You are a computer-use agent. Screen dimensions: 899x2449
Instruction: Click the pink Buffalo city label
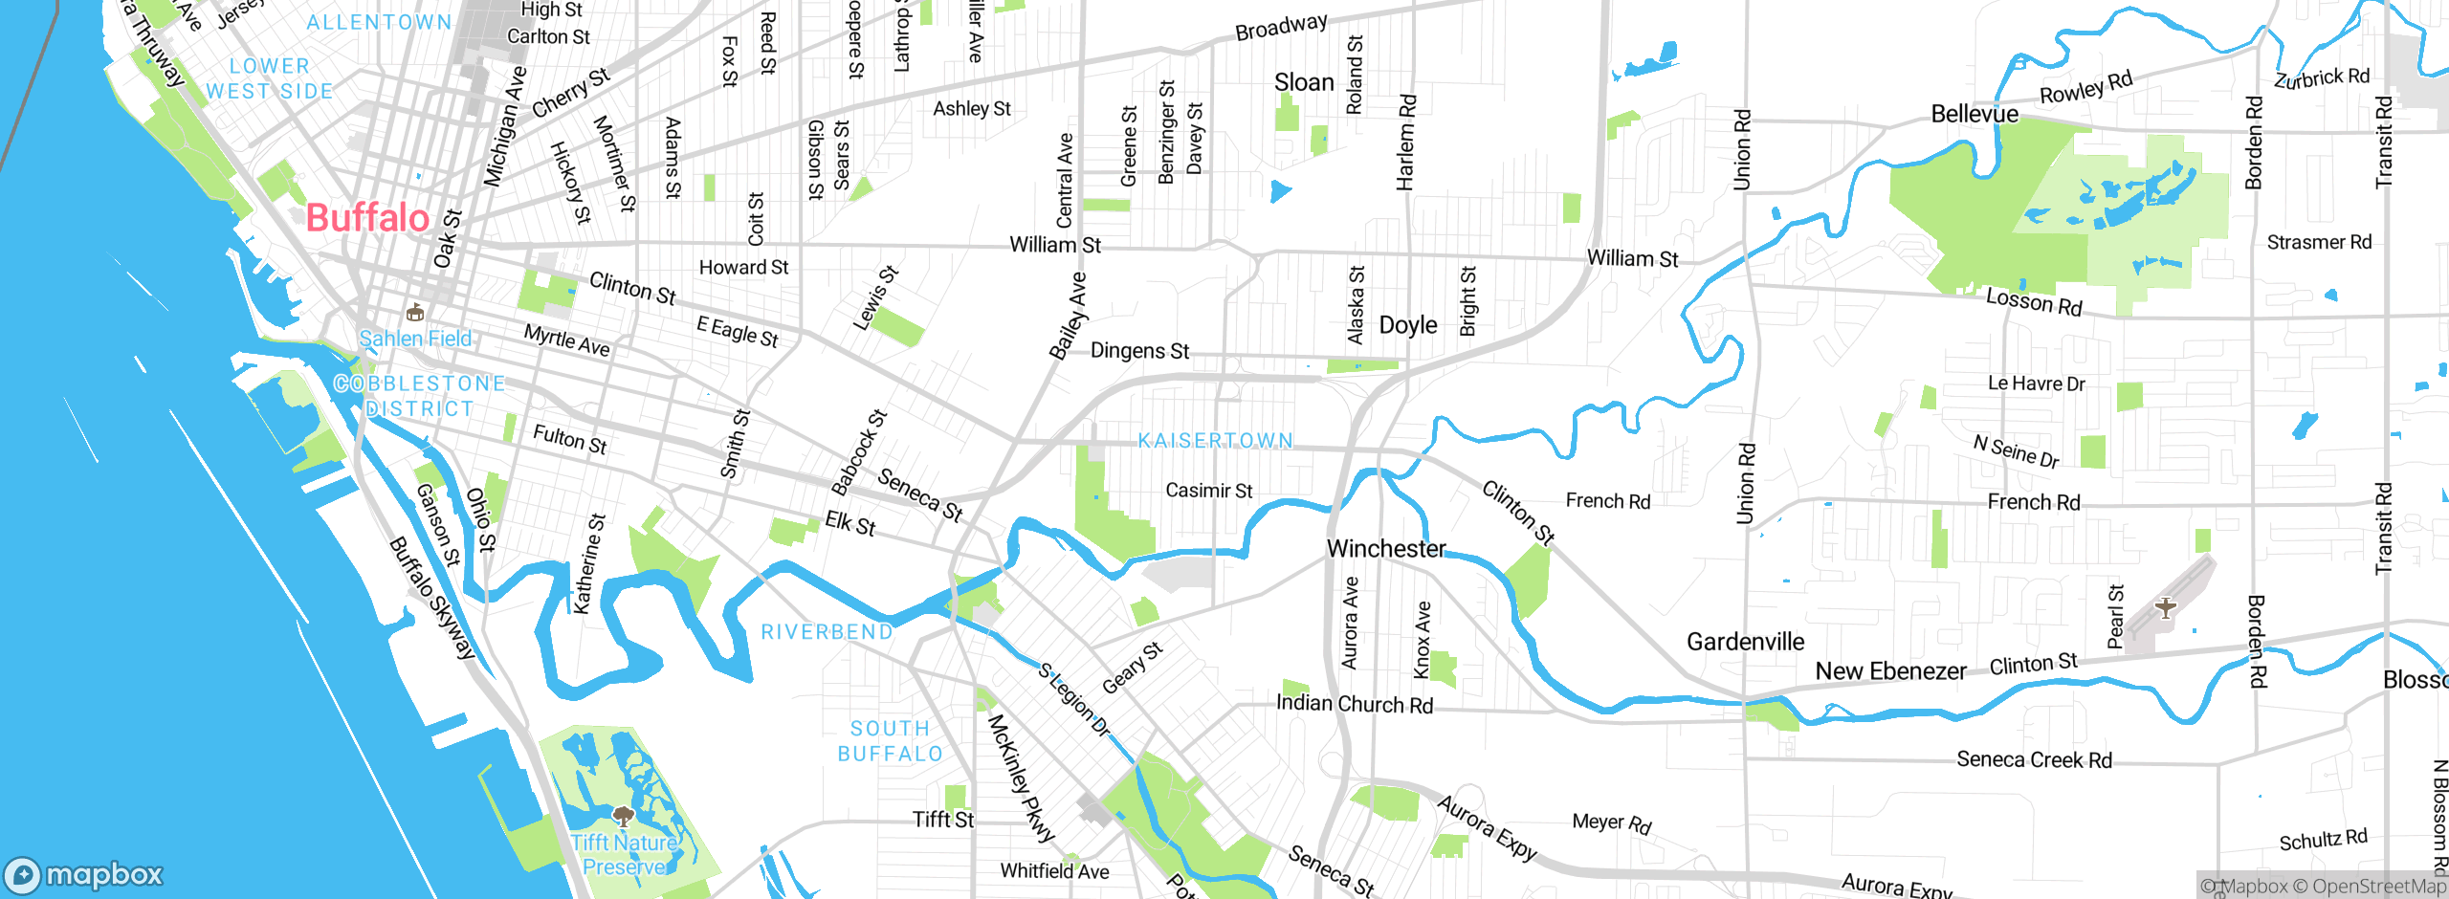point(367,218)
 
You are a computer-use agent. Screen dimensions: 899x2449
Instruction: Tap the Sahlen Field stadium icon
point(415,313)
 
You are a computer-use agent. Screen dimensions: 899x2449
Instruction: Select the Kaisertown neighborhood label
point(1215,441)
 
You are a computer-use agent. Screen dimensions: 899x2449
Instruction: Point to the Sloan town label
point(1303,83)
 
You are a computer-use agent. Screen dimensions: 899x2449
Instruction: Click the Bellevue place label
point(1974,115)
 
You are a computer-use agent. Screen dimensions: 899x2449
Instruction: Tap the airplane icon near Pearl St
point(2166,606)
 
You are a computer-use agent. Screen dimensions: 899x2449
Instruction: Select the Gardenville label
point(1745,642)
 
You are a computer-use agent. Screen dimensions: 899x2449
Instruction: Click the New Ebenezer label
point(1890,671)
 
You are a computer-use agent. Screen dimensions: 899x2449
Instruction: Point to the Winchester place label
point(1386,549)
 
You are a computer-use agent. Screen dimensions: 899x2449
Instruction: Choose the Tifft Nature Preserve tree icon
point(623,816)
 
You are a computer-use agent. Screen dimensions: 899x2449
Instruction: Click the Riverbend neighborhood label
point(827,632)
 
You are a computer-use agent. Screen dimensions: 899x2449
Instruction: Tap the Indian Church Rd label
point(1354,705)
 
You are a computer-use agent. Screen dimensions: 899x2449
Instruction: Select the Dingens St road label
point(1139,351)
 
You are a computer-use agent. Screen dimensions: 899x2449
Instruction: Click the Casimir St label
point(1208,491)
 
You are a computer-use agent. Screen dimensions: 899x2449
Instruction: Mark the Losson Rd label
point(2034,302)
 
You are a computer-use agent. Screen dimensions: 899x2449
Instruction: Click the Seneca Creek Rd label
point(2034,759)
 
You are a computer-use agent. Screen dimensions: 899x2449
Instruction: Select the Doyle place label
point(1407,326)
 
